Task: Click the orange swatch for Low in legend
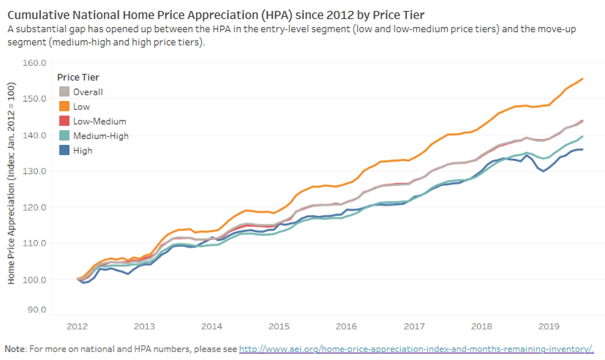[65, 107]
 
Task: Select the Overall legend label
[88, 92]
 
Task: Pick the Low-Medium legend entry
[99, 122]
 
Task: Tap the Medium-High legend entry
[100, 136]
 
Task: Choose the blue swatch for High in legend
[65, 151]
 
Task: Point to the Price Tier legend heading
[79, 77]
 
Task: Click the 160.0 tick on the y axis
[35, 62]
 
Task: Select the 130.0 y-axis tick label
[35, 171]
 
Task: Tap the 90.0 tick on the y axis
[37, 310]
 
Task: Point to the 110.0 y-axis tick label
[35, 243]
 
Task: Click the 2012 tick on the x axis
[77, 326]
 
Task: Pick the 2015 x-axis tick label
[279, 326]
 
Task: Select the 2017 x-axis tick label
[414, 326]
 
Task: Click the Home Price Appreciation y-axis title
[12, 183]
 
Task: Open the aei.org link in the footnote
[416, 349]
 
